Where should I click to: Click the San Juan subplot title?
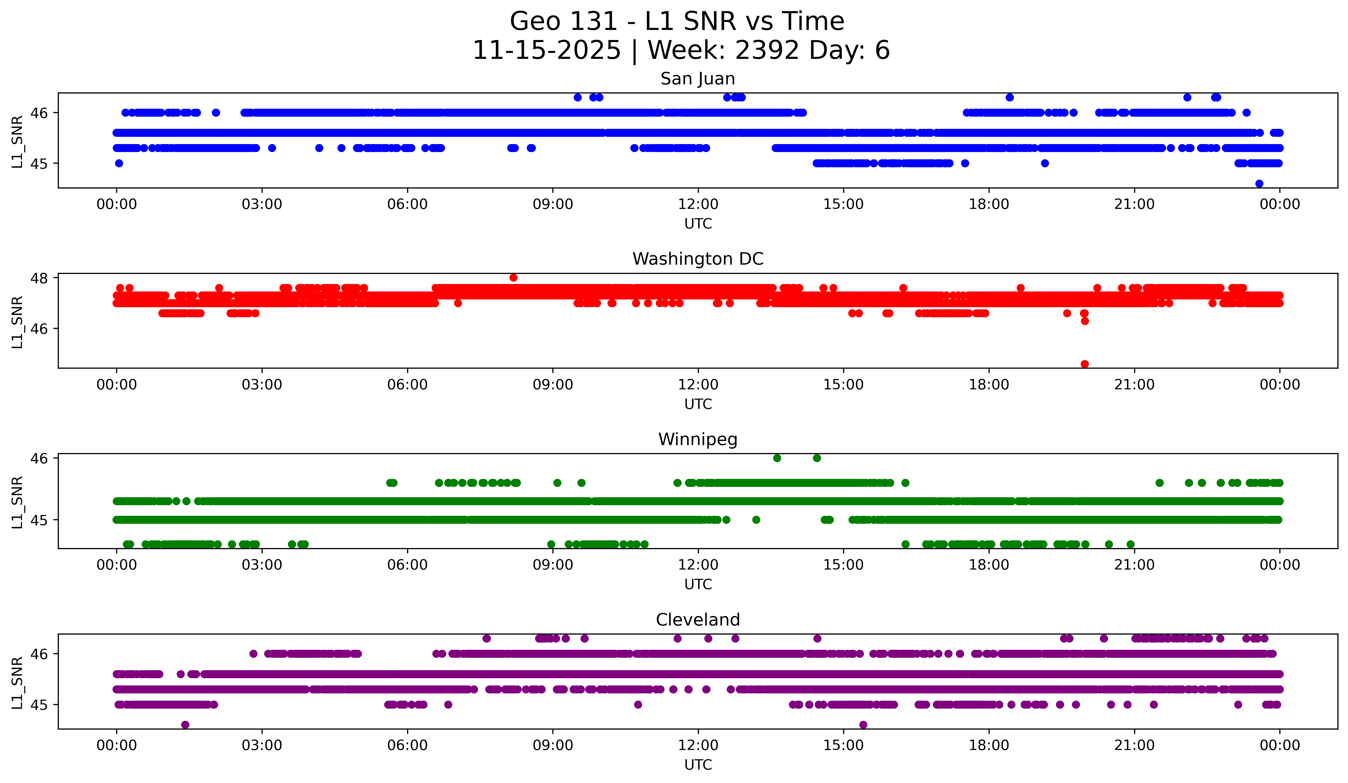[x=698, y=79]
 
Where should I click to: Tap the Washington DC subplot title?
[x=698, y=259]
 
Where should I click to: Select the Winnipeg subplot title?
[x=698, y=439]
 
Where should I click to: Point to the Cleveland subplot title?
[x=698, y=620]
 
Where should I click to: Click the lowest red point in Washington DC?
[x=1084, y=364]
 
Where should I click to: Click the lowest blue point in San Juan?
[x=1259, y=184]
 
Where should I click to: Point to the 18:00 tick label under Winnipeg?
[x=989, y=565]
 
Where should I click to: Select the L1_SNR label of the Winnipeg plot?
[x=17, y=502]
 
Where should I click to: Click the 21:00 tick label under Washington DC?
[x=1134, y=385]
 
